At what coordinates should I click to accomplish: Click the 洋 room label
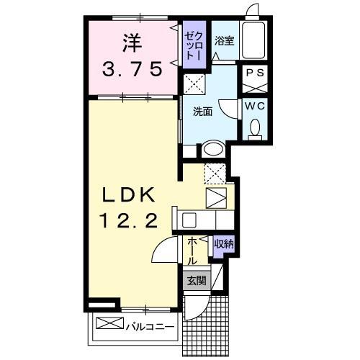(x=131, y=42)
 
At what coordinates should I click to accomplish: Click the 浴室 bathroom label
(x=225, y=41)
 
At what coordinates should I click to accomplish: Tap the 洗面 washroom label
(x=202, y=112)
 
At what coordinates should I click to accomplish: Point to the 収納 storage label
(x=222, y=245)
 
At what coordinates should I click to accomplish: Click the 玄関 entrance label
(x=196, y=281)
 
